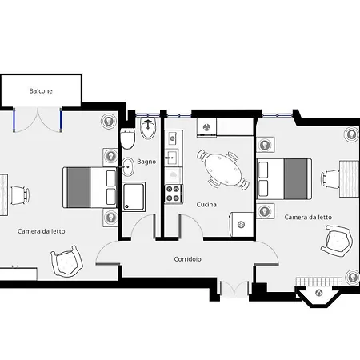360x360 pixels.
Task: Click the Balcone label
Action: pos(41,91)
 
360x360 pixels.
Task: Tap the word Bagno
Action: pos(146,162)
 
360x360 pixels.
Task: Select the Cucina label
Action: pos(206,205)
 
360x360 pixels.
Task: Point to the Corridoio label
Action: pos(187,259)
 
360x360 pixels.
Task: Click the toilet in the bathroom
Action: pos(127,138)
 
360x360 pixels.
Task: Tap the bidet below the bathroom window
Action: pos(148,129)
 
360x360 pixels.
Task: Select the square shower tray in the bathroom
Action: pos(134,197)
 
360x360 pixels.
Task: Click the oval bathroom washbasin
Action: pos(128,166)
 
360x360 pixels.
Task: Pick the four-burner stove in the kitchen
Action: pos(173,194)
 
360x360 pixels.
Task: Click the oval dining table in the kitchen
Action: pos(223,169)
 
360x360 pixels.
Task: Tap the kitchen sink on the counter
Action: pos(171,158)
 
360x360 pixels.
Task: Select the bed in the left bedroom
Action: pos(90,187)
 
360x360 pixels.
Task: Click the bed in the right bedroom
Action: pos(284,179)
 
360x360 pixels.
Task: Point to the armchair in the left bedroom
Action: pos(66,262)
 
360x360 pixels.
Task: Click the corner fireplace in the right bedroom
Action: pos(318,296)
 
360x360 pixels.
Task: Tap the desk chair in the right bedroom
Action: pos(330,178)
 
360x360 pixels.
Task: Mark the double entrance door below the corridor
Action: pos(234,289)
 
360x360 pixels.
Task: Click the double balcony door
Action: pos(38,120)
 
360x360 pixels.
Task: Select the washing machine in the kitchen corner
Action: pos(242,224)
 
